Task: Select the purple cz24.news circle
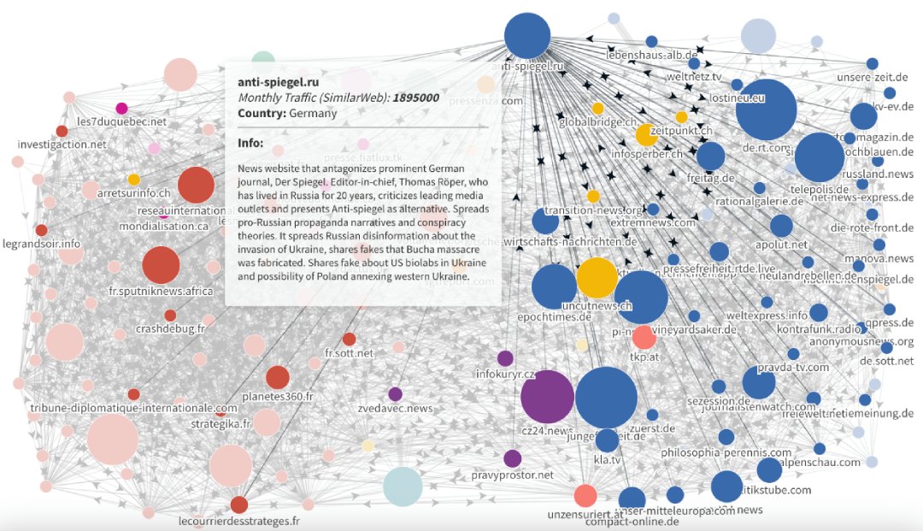(546, 398)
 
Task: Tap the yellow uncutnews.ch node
(603, 279)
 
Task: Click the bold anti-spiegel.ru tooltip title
(279, 82)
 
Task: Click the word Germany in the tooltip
(313, 113)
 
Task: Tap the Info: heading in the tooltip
(250, 143)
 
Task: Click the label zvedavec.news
(395, 409)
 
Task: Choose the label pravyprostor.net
(512, 475)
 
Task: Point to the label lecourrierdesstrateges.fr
(239, 521)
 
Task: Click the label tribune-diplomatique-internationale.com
(133, 409)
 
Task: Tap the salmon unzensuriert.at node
(585, 495)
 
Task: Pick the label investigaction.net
(62, 145)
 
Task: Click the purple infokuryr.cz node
(505, 358)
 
